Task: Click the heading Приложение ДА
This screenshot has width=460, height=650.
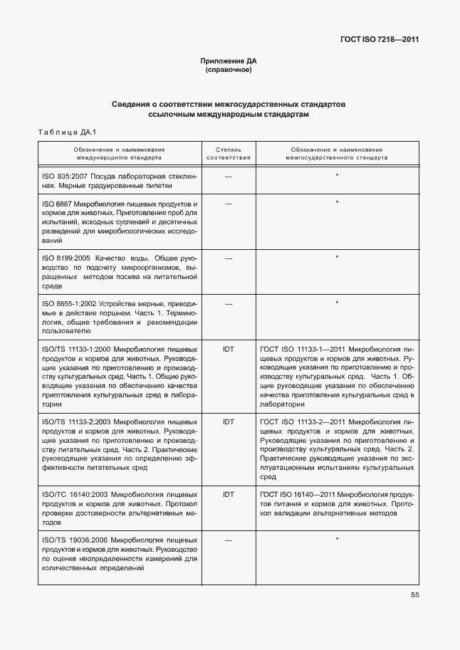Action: click(229, 62)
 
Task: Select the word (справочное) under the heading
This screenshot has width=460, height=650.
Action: click(229, 70)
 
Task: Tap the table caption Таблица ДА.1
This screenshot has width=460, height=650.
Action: click(65, 132)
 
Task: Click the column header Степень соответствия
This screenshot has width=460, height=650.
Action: click(229, 154)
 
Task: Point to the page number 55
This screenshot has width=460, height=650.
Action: click(414, 596)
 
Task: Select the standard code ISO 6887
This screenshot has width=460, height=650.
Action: click(57, 203)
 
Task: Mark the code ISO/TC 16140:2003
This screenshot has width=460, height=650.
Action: click(76, 494)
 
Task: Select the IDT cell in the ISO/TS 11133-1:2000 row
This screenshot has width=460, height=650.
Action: click(229, 350)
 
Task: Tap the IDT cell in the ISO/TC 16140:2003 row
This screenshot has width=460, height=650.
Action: click(229, 494)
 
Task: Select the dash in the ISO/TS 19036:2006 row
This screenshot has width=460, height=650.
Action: click(229, 540)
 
